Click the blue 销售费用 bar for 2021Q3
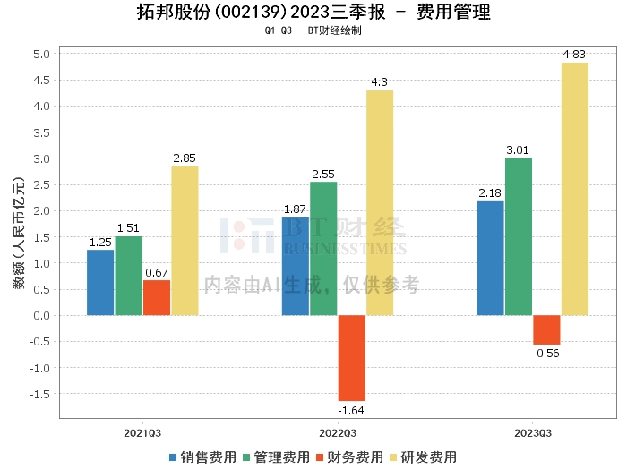click(x=100, y=282)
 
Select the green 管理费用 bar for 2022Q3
click(x=323, y=248)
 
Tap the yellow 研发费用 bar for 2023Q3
click(x=574, y=188)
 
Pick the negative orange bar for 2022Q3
click(x=351, y=358)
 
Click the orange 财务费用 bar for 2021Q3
click(x=157, y=297)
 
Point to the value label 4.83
click(x=574, y=55)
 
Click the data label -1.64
click(x=351, y=410)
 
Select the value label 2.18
click(x=490, y=193)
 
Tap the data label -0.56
click(x=546, y=354)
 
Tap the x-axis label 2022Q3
click(x=338, y=432)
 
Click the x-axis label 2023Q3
click(x=532, y=432)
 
